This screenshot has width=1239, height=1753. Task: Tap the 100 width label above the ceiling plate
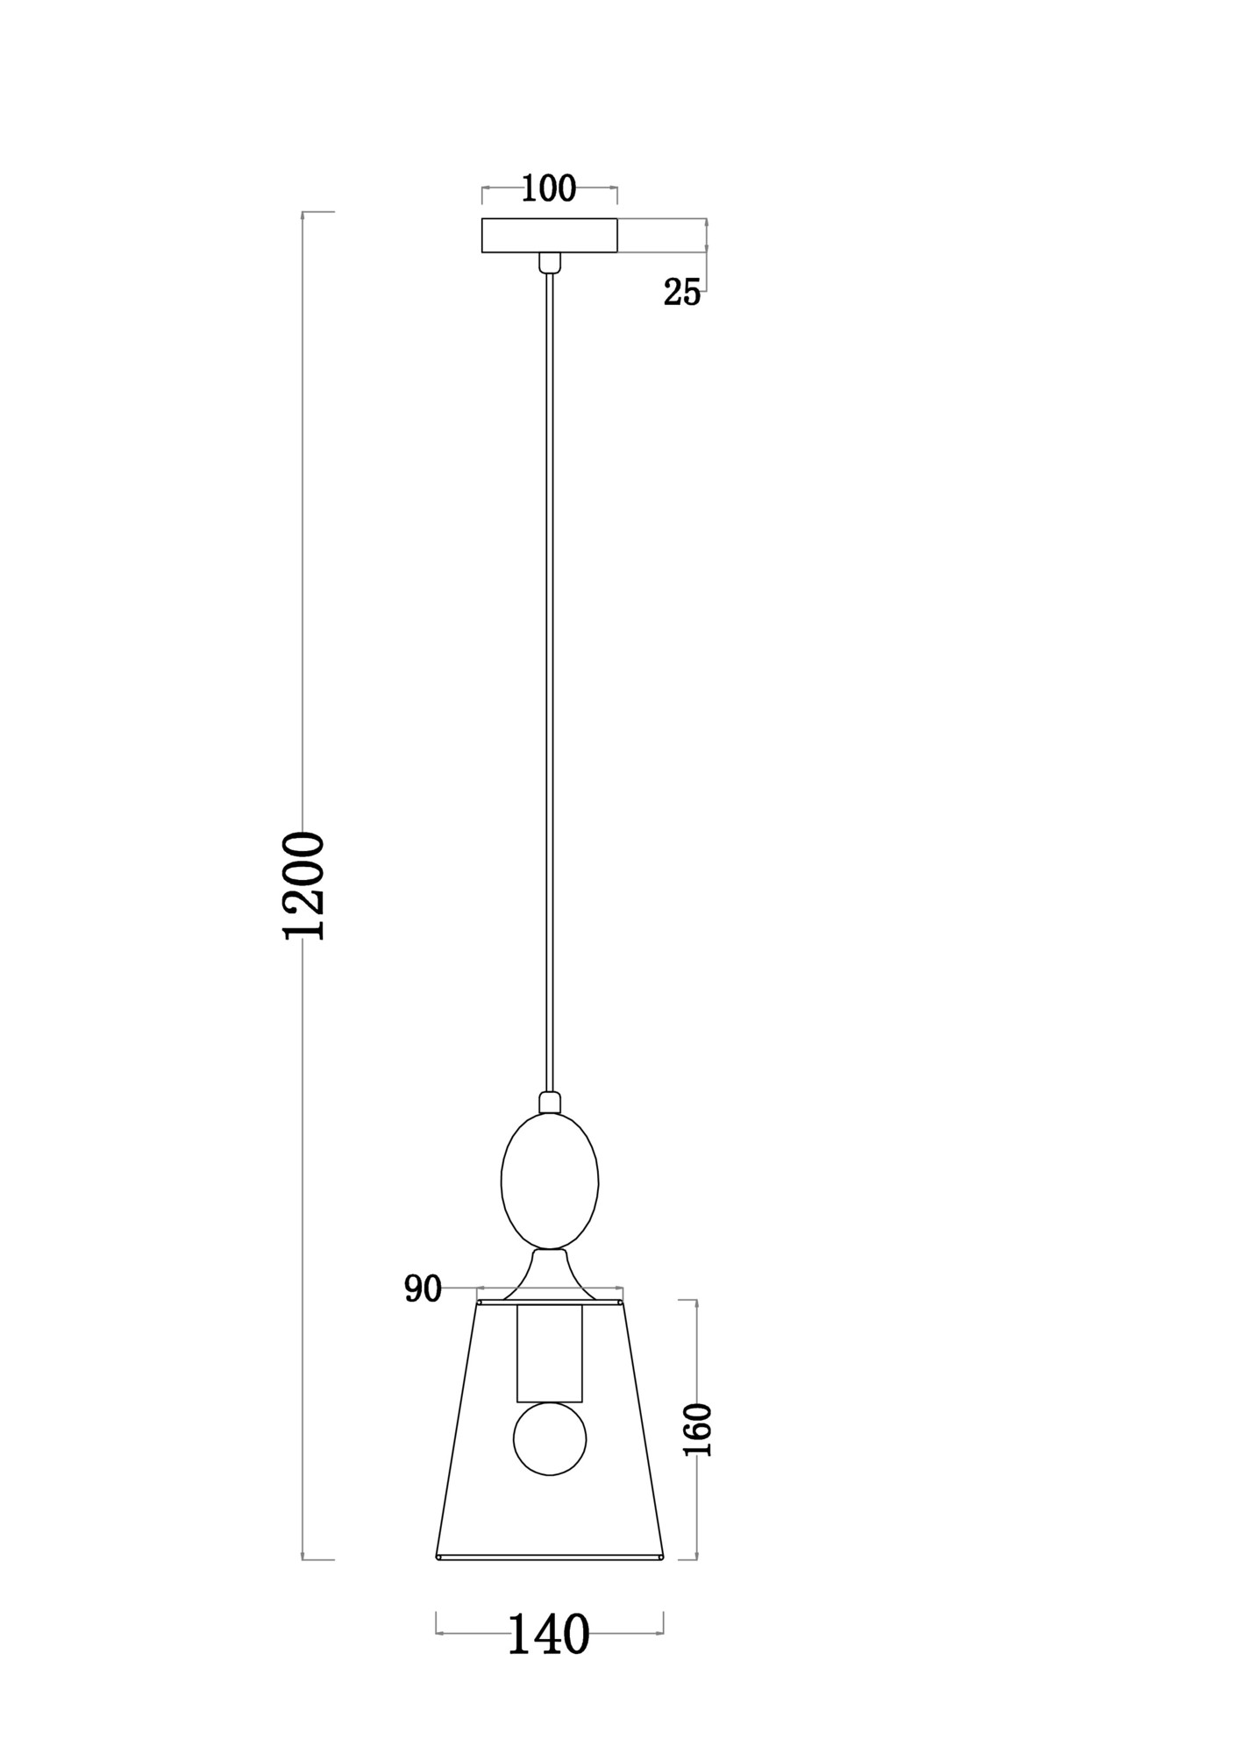(x=549, y=188)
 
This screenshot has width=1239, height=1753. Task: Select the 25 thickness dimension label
(x=682, y=293)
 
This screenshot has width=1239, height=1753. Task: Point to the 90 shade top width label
(x=423, y=1289)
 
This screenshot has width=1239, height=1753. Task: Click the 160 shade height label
(x=698, y=1430)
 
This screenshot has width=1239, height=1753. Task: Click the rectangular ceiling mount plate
(x=550, y=235)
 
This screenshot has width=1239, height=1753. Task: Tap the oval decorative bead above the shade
(x=550, y=1181)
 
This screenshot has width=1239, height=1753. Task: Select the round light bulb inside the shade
(x=550, y=1438)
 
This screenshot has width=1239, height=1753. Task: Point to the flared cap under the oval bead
(x=550, y=1275)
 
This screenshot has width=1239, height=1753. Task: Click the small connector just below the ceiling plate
(x=550, y=262)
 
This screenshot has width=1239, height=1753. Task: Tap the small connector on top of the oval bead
(x=550, y=1103)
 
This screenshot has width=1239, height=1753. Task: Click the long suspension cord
(x=550, y=684)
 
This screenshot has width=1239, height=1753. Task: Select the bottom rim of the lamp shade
(x=550, y=1558)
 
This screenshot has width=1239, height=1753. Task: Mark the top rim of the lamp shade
(x=550, y=1302)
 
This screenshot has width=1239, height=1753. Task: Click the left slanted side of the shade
(x=457, y=1430)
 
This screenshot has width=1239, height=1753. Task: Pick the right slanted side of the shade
(x=643, y=1430)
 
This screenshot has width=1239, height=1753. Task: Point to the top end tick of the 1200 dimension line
(x=317, y=212)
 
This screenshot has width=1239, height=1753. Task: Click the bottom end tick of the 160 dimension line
(x=688, y=1559)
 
